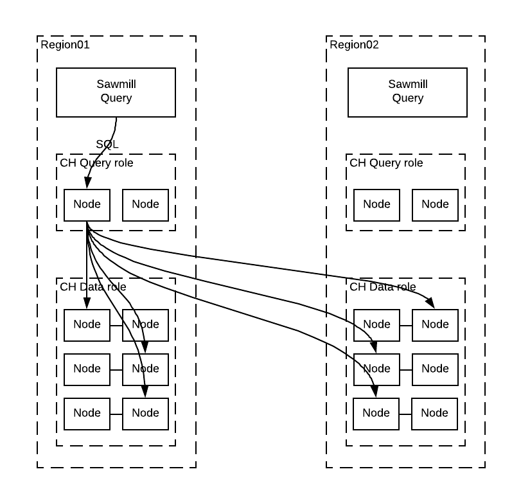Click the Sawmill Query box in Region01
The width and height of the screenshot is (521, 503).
point(116,91)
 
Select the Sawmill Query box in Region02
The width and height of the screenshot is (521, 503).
point(407,91)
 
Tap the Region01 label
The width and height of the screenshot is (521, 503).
point(65,45)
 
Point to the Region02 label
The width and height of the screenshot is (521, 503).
point(354,45)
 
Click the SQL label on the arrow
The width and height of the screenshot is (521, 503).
point(107,145)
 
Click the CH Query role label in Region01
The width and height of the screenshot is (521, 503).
point(96,163)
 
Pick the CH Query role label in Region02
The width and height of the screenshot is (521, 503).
point(386,163)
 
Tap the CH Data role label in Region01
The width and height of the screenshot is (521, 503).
point(93,287)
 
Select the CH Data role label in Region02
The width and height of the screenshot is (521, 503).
point(383,287)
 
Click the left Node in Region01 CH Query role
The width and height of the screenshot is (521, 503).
point(87,205)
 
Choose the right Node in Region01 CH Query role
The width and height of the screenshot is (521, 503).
point(145,205)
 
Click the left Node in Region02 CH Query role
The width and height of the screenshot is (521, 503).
point(376,205)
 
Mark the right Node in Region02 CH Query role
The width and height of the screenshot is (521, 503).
point(435,205)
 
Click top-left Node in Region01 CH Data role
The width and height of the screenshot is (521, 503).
point(87,325)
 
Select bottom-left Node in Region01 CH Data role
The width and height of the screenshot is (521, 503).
point(87,414)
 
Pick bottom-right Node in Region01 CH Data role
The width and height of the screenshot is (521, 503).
point(145,414)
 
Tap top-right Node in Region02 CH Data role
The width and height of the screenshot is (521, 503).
point(435,325)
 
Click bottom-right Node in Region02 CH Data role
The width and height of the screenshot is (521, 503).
point(435,414)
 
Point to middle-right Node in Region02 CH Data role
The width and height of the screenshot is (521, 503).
point(435,369)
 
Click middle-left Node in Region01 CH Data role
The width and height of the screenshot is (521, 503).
point(87,369)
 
